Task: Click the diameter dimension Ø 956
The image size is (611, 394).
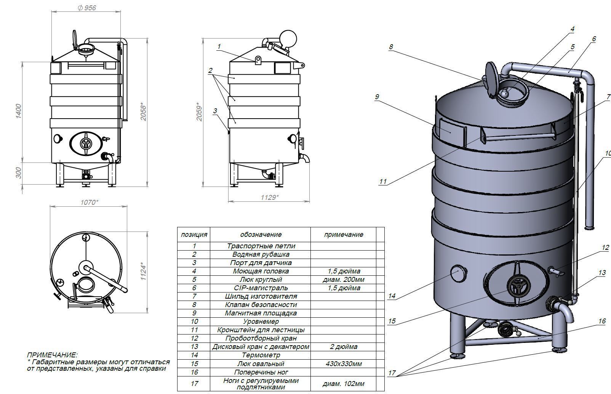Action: (86, 8)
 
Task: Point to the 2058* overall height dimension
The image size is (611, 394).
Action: (144, 111)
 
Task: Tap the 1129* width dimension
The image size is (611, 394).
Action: (269, 197)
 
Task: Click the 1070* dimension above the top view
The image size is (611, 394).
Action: (89, 202)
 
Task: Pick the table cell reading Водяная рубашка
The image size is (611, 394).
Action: (261, 254)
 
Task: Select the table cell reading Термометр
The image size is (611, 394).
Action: (261, 355)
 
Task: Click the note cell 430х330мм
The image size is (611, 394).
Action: (344, 363)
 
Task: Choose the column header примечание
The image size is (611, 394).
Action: (344, 235)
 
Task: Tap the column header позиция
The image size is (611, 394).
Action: (194, 235)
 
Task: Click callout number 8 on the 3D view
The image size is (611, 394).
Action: (391, 47)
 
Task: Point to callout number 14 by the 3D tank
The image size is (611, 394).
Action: (392, 296)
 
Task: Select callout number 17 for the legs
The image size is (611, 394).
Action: (392, 373)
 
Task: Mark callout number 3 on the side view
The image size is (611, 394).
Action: (215, 111)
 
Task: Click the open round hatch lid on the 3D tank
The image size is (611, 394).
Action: (491, 79)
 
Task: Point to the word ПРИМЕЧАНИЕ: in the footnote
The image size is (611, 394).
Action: (52, 355)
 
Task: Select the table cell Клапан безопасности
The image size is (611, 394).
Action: (261, 305)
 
